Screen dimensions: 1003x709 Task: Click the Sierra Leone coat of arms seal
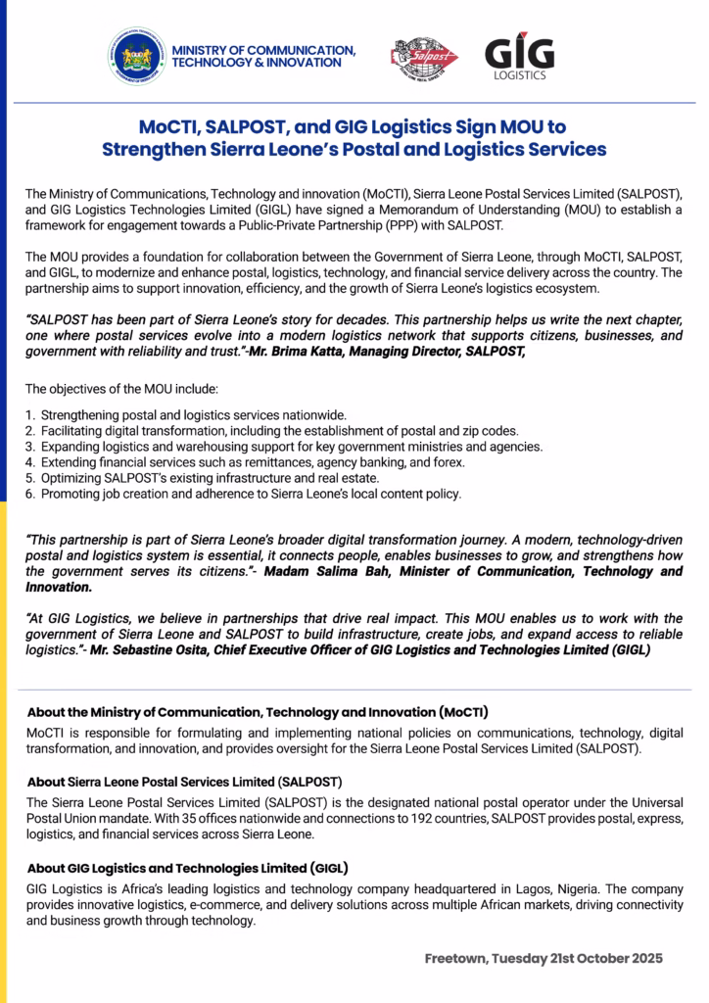136,56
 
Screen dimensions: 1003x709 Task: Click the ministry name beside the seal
262,56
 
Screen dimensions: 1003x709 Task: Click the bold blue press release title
354,138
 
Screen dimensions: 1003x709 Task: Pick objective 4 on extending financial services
246,462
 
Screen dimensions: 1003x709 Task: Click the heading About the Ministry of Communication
258,711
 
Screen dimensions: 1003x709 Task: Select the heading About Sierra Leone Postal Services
185,782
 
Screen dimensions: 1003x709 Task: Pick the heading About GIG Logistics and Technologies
188,868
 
